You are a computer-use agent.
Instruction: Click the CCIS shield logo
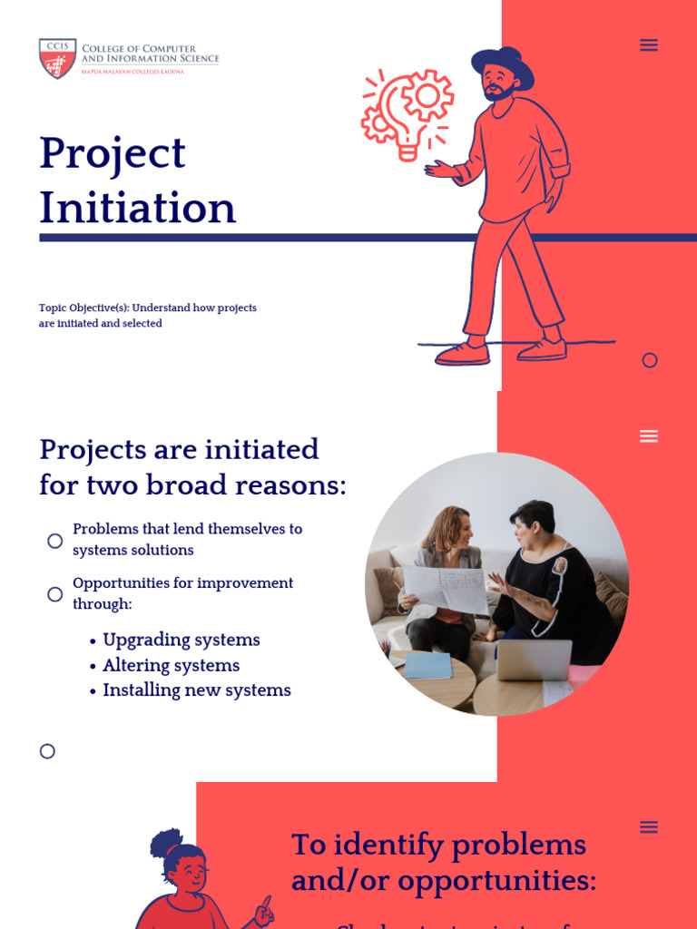[57, 58]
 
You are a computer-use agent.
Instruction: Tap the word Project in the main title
[113, 152]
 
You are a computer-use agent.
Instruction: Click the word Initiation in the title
[137, 208]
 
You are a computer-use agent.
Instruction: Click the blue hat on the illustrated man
[502, 65]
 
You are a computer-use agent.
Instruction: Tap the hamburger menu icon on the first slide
[649, 45]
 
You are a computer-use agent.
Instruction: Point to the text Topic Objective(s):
[83, 308]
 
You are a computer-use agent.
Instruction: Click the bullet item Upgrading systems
[181, 641]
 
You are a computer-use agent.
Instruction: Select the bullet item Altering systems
[171, 666]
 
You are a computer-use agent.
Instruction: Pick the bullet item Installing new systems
[196, 690]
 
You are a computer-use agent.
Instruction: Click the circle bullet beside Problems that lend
[55, 541]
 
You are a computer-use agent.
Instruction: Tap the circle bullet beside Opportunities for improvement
[55, 594]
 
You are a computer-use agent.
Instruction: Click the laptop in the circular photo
[533, 660]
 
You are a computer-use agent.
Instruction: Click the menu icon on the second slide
[649, 436]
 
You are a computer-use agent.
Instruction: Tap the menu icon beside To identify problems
[649, 826]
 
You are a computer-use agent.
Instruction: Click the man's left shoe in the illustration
[462, 355]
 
